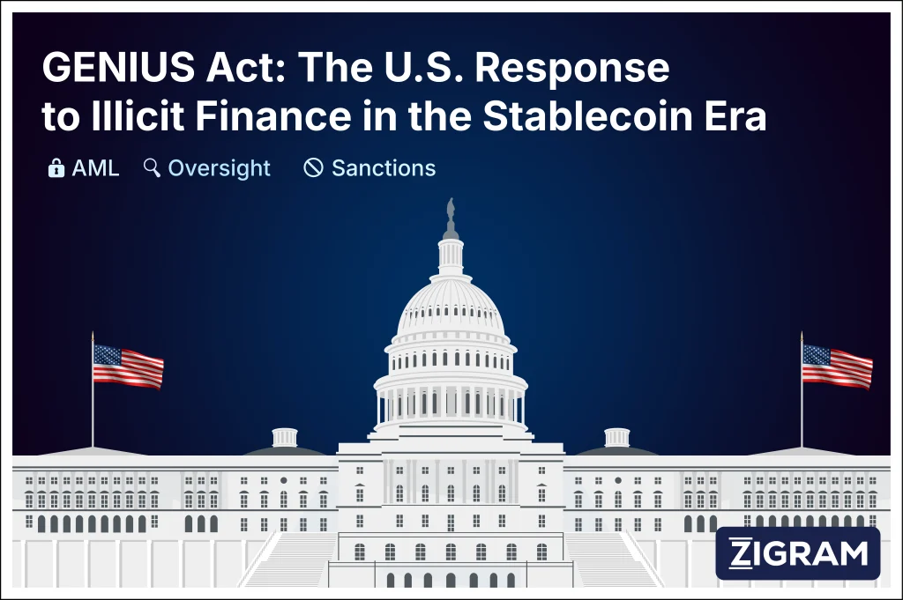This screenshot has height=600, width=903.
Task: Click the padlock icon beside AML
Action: [x=56, y=167]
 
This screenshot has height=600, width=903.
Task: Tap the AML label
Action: [x=95, y=167]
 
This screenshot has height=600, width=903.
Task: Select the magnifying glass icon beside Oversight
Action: [x=152, y=167]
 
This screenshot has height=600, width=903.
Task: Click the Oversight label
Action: [x=219, y=167]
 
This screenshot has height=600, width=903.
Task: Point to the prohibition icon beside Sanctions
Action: [x=313, y=167]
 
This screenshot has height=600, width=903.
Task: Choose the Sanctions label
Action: [x=384, y=167]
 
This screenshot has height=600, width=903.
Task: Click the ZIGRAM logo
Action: [x=798, y=553]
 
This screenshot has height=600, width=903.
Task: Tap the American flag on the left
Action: [x=128, y=365]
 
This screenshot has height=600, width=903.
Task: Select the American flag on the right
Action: [x=837, y=365]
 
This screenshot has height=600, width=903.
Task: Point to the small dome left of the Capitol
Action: [x=285, y=439]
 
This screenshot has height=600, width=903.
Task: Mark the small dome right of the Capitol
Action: [x=616, y=439]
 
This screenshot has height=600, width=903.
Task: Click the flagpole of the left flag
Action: [x=93, y=405]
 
